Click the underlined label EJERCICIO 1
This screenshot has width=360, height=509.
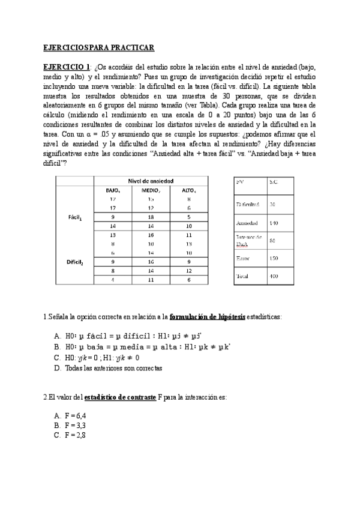67,66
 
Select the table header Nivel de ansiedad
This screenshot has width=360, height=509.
151,181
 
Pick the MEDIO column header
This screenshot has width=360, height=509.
151,190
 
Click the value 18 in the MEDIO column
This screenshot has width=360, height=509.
151,217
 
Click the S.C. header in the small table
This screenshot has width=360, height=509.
273,181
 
